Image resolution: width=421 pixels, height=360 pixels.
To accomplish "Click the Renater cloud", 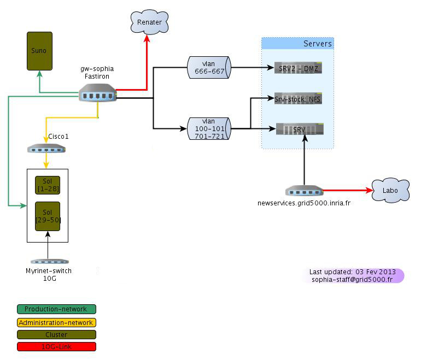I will (x=149, y=22).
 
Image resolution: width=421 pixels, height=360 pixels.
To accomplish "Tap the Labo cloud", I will (x=390, y=191).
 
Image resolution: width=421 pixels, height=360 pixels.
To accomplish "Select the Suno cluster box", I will (x=39, y=51).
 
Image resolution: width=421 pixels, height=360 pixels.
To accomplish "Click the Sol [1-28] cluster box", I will (x=48, y=185).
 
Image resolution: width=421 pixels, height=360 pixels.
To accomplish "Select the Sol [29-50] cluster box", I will (x=48, y=216).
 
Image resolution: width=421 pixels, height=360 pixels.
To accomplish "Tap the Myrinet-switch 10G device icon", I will (x=50, y=262).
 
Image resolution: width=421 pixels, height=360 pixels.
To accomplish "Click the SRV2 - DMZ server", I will (x=298, y=68).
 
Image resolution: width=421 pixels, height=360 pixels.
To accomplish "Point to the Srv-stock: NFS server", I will (x=298, y=98).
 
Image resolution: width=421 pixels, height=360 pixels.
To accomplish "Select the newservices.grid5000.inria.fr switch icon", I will (x=304, y=191).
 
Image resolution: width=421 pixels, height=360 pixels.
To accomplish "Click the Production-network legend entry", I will (x=56, y=309).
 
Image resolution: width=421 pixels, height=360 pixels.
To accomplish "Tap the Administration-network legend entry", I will (x=56, y=322).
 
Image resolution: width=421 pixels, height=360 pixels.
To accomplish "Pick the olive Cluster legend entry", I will (x=56, y=334).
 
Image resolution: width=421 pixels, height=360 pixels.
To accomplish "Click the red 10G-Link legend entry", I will (x=56, y=346).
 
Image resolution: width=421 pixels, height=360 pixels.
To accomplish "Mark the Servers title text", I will (x=318, y=44).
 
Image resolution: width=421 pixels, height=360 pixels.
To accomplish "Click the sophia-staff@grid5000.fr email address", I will (x=352, y=279).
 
